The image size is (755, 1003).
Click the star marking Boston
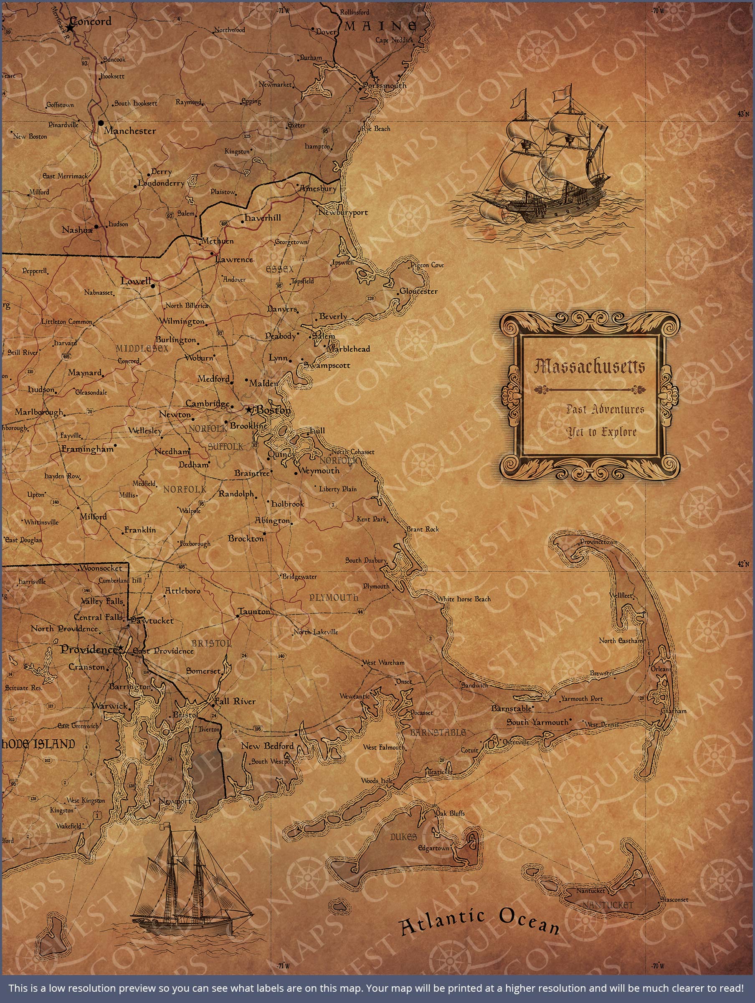[x=248, y=410]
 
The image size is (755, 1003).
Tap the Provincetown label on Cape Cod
[x=599, y=542]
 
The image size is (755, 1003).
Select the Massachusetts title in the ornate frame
[x=589, y=367]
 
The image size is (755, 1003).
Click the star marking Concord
[x=70, y=28]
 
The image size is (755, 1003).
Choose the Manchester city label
[x=129, y=131]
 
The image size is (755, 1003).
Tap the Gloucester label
[x=418, y=291]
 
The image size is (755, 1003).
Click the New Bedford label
[x=267, y=746]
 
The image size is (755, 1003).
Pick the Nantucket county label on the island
[x=607, y=905]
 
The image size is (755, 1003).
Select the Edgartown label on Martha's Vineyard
[x=434, y=848]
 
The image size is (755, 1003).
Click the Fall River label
[x=235, y=701]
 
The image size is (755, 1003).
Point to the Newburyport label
[x=343, y=212]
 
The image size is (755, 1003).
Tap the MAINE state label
[x=381, y=26]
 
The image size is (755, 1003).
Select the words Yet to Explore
[x=602, y=432]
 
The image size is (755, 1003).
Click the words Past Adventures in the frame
[x=605, y=409]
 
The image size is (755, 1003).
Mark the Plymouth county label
[x=334, y=598]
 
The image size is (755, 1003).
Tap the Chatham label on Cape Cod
[x=674, y=711]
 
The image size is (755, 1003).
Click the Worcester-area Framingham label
[x=87, y=449]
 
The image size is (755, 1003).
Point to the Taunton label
[x=254, y=612]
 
